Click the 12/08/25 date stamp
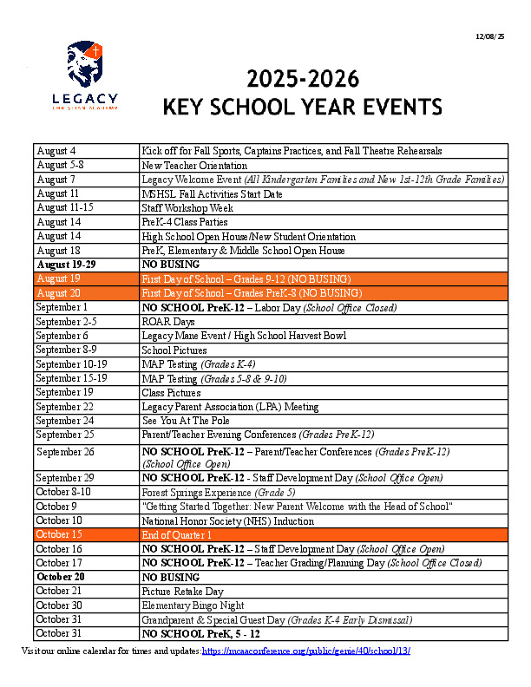[490, 36]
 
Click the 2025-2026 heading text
[303, 80]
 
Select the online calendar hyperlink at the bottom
[306, 650]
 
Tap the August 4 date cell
[86, 151]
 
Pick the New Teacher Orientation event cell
[194, 165]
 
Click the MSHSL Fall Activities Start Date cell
[212, 193]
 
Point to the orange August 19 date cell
[86, 278]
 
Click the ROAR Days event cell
[168, 321]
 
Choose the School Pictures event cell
[174, 350]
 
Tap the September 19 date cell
[86, 392]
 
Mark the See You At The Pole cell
[184, 421]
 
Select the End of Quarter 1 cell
[177, 534]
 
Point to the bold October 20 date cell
[86, 577]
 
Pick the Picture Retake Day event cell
[182, 591]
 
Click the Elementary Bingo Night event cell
[193, 605]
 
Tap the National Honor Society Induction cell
[228, 520]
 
